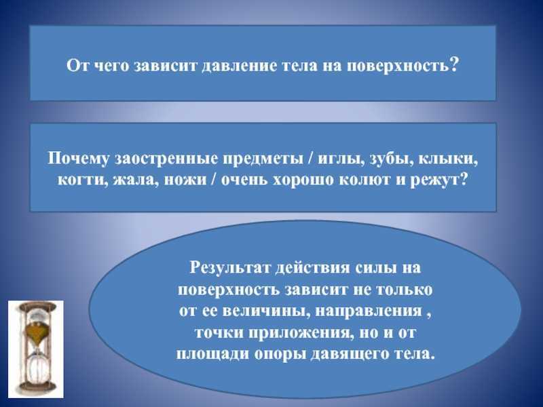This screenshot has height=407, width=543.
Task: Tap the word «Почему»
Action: tap(79, 159)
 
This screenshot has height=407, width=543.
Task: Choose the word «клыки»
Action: tap(448, 159)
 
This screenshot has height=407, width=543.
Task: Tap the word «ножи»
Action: tap(185, 180)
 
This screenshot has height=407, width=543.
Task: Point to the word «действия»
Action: tap(312, 268)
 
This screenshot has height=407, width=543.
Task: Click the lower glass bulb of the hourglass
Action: tap(36, 367)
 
